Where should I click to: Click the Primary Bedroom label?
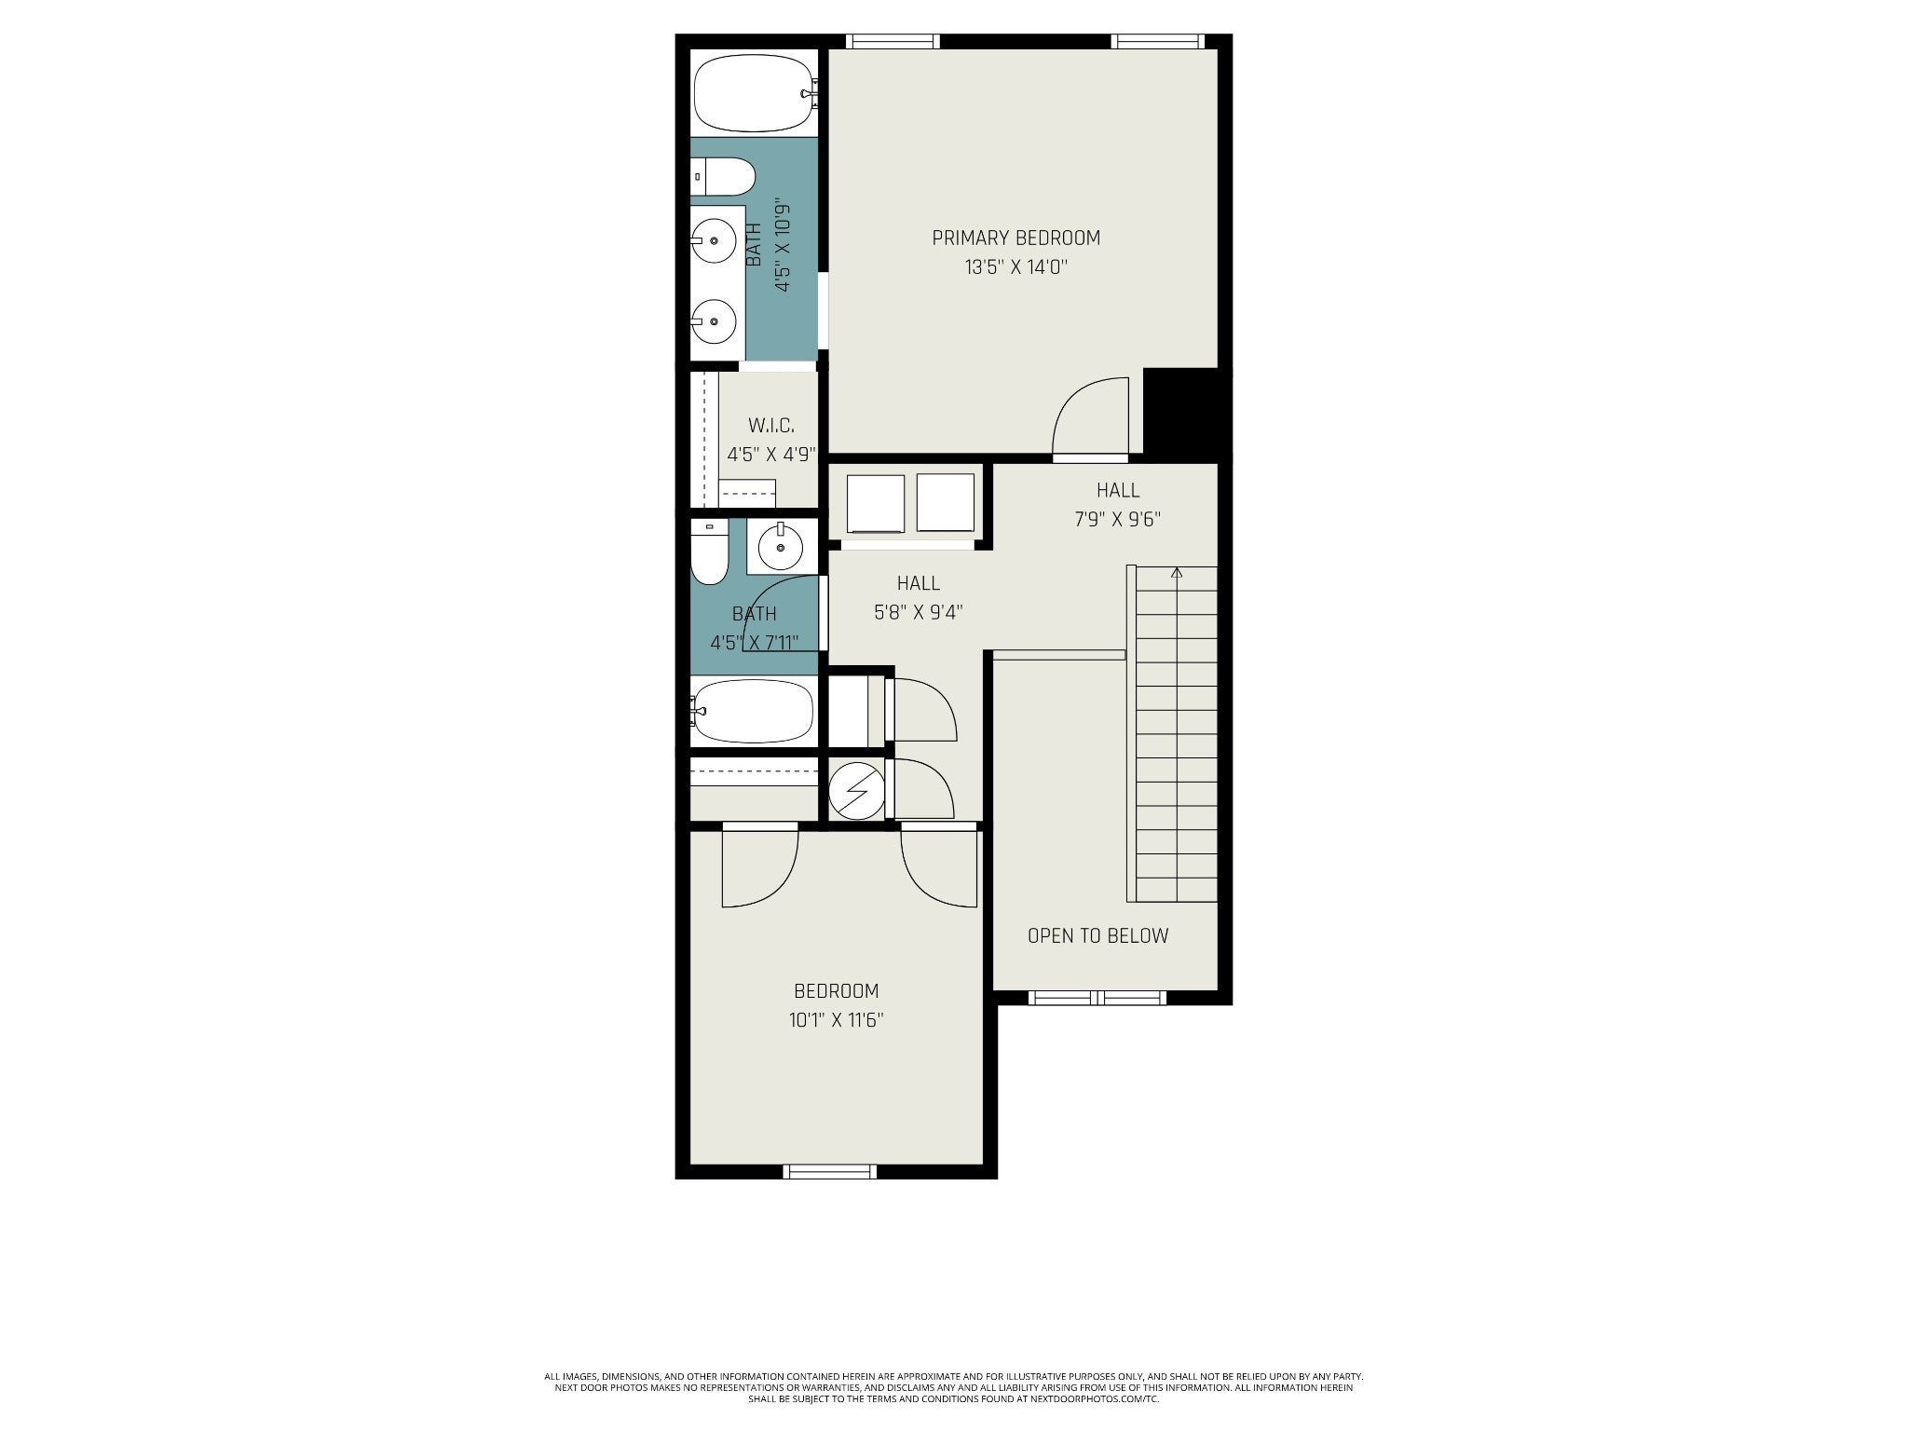(1015, 238)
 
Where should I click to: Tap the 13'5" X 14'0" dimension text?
(1015, 267)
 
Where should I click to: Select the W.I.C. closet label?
(771, 426)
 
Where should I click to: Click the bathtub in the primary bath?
(755, 93)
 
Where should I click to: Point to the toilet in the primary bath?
(723, 176)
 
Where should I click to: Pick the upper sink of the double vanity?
(714, 240)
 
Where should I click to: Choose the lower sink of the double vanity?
(714, 321)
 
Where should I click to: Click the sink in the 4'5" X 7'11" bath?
(781, 546)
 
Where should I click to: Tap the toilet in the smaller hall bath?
(709, 552)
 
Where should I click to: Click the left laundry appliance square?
(875, 503)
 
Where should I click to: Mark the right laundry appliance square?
(946, 503)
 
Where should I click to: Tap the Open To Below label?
(1097, 936)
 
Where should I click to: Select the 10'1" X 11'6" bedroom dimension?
(836, 1020)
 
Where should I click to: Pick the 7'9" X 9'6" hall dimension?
(1118, 520)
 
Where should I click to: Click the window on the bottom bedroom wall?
(830, 1172)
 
